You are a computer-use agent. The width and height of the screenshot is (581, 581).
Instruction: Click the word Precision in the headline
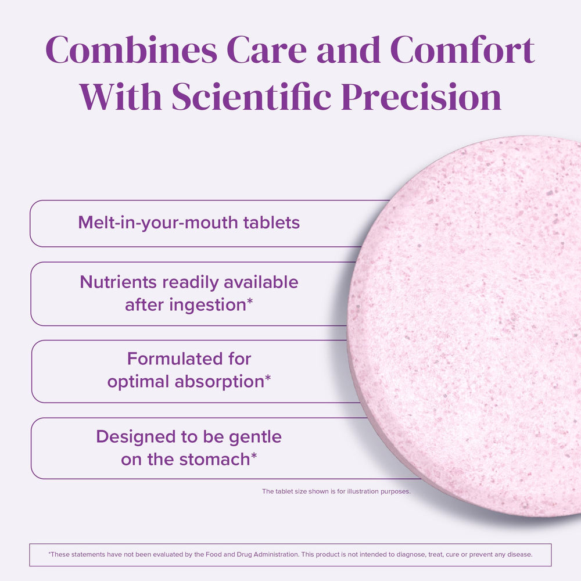click(x=428, y=98)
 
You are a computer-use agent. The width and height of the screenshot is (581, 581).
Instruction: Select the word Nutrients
click(x=118, y=282)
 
